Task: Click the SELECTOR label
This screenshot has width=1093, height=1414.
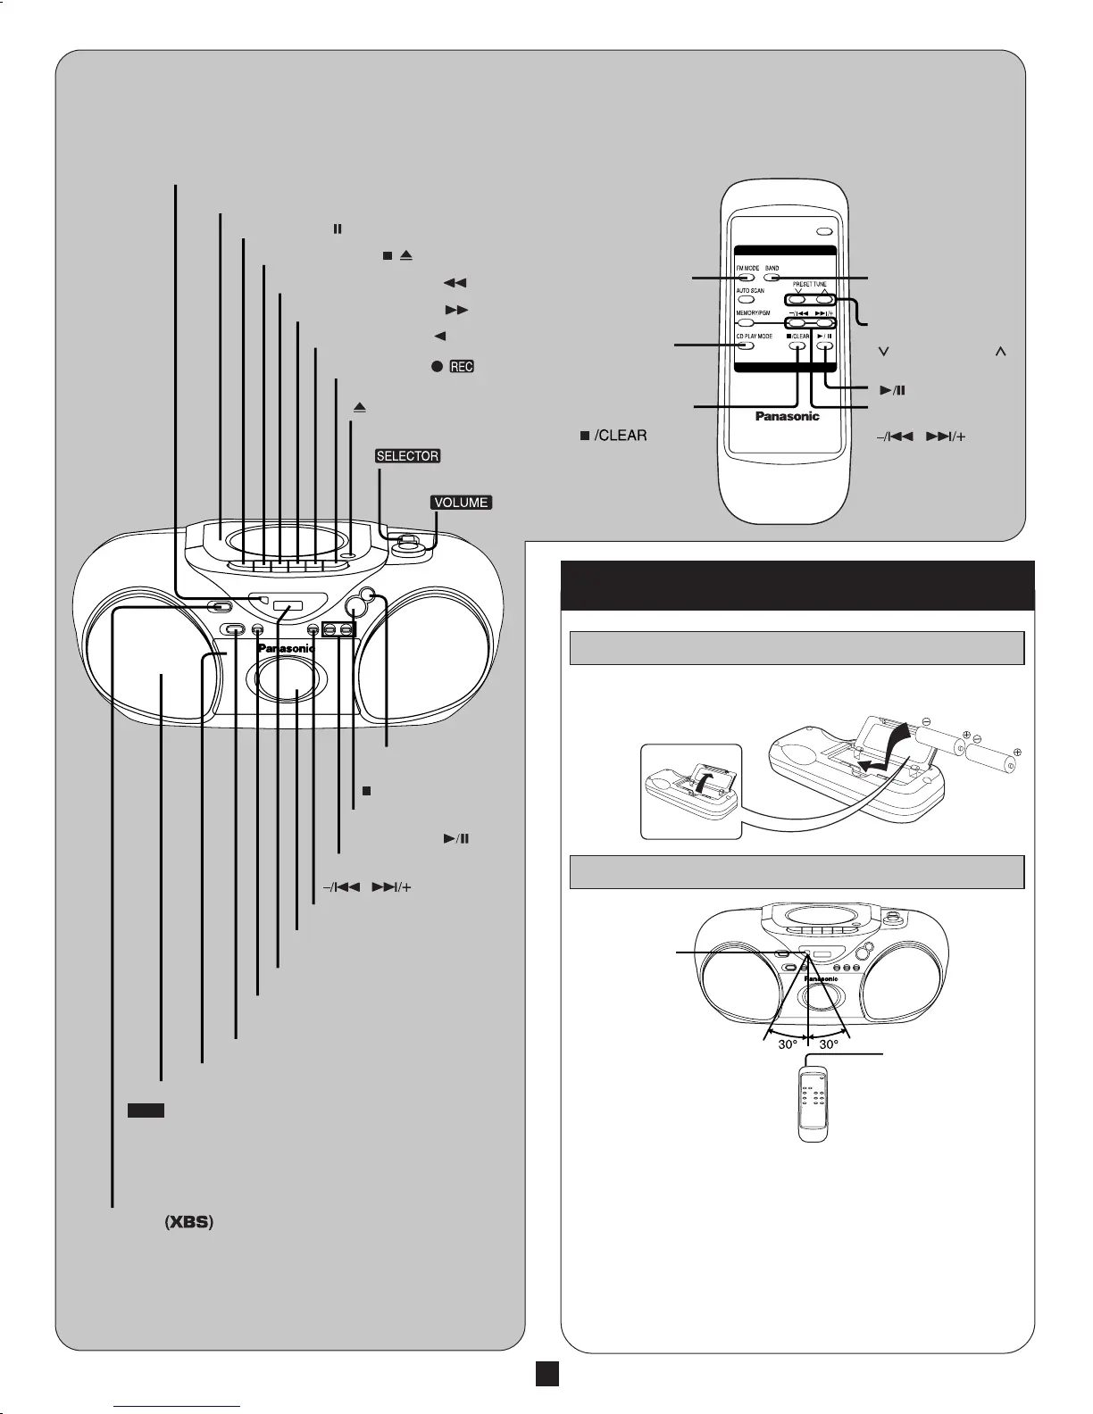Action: pyautogui.click(x=408, y=456)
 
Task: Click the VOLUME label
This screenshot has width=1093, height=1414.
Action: pyautogui.click(x=461, y=503)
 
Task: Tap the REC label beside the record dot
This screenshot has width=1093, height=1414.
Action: pyautogui.click(x=462, y=367)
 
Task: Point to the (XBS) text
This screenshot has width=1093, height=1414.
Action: pyautogui.click(x=188, y=1223)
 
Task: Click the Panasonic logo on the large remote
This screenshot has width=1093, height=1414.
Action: pyautogui.click(x=787, y=416)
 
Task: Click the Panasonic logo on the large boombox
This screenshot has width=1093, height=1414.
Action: pyautogui.click(x=286, y=648)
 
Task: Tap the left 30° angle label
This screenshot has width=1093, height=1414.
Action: pyautogui.click(x=787, y=1044)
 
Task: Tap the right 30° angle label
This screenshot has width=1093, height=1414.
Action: pyautogui.click(x=828, y=1044)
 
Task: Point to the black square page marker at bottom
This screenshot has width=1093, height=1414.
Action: pyautogui.click(x=547, y=1374)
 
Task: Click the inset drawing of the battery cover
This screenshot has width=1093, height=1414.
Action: pyautogui.click(x=691, y=791)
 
